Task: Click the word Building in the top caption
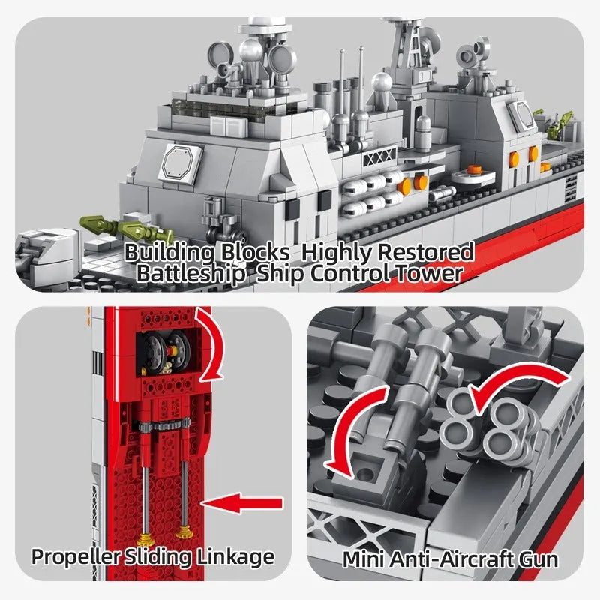pyautogui.click(x=169, y=253)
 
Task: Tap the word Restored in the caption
pyautogui.click(x=425, y=252)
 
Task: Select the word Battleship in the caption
pyautogui.click(x=190, y=274)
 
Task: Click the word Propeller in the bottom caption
pyautogui.click(x=76, y=557)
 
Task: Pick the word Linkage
pyautogui.click(x=235, y=556)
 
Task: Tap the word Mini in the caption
pyautogui.click(x=363, y=559)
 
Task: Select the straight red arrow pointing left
pyautogui.click(x=242, y=502)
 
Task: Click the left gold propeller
pyautogui.click(x=145, y=540)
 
